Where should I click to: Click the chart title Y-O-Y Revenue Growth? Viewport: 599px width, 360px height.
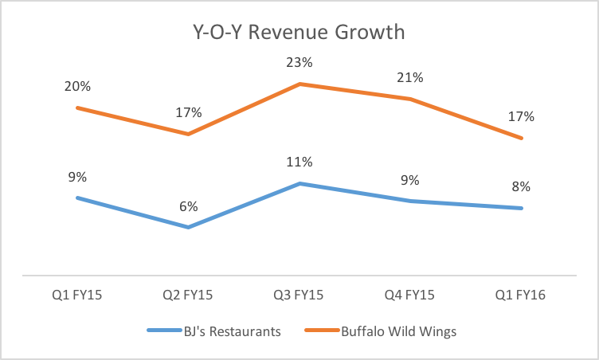(299, 33)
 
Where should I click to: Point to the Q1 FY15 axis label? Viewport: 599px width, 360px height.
(76, 295)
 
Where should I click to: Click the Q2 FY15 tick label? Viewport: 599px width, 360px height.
(188, 295)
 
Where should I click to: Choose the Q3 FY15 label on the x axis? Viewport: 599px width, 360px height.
(299, 295)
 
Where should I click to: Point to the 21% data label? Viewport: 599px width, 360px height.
(411, 78)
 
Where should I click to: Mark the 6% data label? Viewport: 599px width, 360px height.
(188, 207)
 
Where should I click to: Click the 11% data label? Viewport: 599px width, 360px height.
(299, 162)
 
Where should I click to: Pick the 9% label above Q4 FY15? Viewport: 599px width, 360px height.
(411, 180)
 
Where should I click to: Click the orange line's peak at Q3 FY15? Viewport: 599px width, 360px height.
(299, 84)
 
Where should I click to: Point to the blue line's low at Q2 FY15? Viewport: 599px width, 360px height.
(188, 228)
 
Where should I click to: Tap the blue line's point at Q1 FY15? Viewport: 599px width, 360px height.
(76, 198)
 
